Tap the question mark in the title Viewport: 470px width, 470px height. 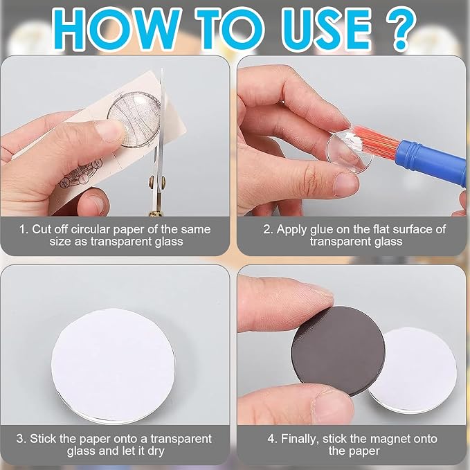[401, 28]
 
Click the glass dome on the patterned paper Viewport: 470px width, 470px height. [134, 119]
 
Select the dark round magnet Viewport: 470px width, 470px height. [338, 350]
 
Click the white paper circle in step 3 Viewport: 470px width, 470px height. [113, 365]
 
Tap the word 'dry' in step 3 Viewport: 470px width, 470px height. [156, 451]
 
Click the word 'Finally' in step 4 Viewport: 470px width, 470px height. [300, 440]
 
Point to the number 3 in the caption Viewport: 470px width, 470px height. [20, 439]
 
